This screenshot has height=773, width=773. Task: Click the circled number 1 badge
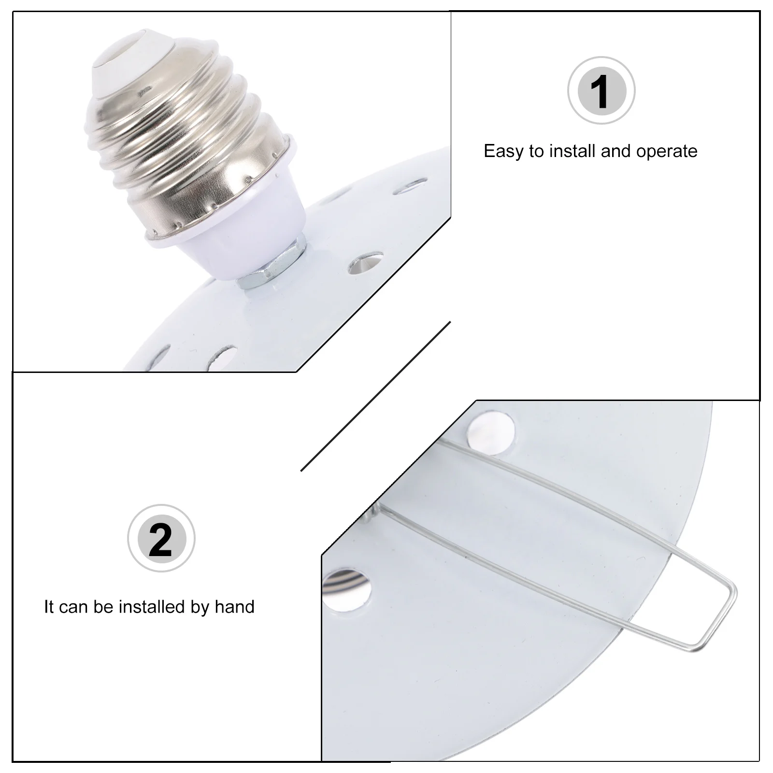point(601,91)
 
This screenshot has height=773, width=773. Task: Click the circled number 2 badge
point(161,539)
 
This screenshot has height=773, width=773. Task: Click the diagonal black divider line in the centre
point(376,396)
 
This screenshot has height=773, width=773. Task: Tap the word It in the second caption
point(49,606)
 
